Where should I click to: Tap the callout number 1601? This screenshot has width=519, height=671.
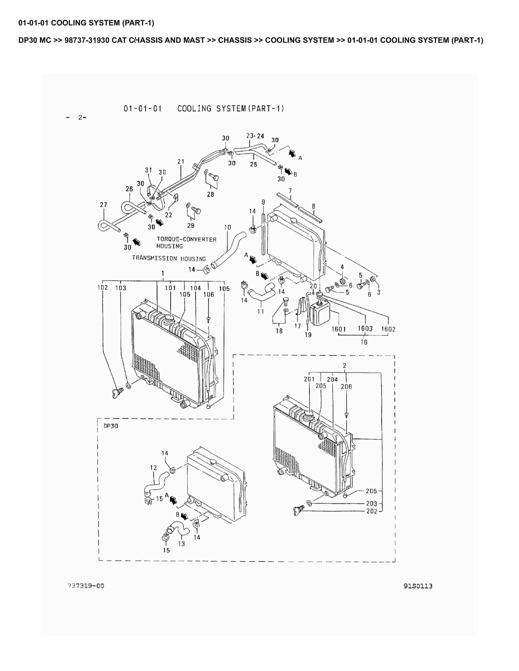coord(339,329)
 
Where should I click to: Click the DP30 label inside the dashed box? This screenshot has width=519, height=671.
coord(111,426)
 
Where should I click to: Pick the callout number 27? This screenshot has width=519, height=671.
coord(104,205)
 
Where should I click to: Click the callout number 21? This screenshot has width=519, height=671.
coord(181,162)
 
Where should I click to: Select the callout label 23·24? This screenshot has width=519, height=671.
coord(255,136)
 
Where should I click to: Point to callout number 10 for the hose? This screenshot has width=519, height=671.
coord(227,227)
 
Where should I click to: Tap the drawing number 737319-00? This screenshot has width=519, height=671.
coord(86,586)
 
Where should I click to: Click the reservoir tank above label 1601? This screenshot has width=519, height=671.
coord(320,313)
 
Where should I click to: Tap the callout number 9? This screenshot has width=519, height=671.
coord(264,202)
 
